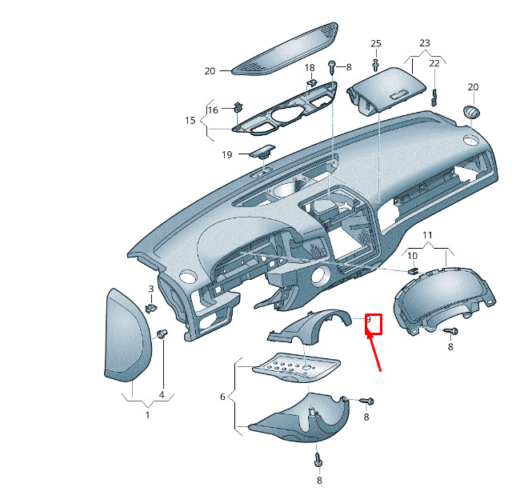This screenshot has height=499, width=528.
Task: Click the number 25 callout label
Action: click(376, 42)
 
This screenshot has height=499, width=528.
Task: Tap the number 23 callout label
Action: click(424, 42)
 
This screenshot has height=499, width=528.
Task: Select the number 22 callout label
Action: click(434, 63)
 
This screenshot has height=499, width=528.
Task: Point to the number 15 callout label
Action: click(190, 120)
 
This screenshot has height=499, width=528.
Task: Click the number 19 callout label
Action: click(226, 154)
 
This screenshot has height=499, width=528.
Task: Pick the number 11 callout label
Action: click(427, 234)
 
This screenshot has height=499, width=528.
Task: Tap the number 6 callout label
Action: click(223, 396)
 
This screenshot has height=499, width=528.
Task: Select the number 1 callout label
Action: click(147, 414)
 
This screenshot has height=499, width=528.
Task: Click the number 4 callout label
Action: click(161, 394)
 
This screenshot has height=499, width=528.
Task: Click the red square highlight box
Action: click(374, 323)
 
